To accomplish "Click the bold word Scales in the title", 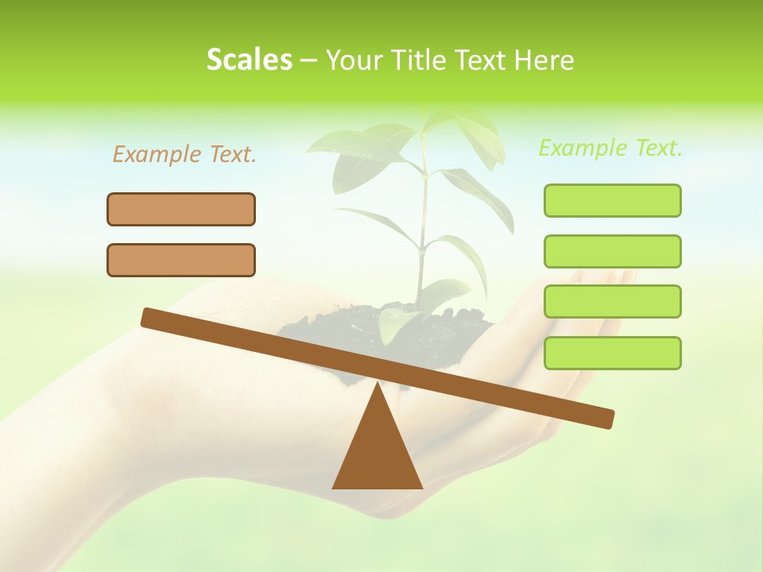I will [x=249, y=60].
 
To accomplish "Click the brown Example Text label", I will [x=184, y=155].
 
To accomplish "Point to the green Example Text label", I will [x=610, y=148].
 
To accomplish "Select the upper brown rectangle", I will [x=181, y=210].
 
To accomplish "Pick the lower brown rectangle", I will [x=181, y=261].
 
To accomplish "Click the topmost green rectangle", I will [x=612, y=201].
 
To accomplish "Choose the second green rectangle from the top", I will [x=612, y=252].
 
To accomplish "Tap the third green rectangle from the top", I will [x=612, y=302].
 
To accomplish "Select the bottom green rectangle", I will [x=612, y=353].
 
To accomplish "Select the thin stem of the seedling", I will [x=424, y=222].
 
